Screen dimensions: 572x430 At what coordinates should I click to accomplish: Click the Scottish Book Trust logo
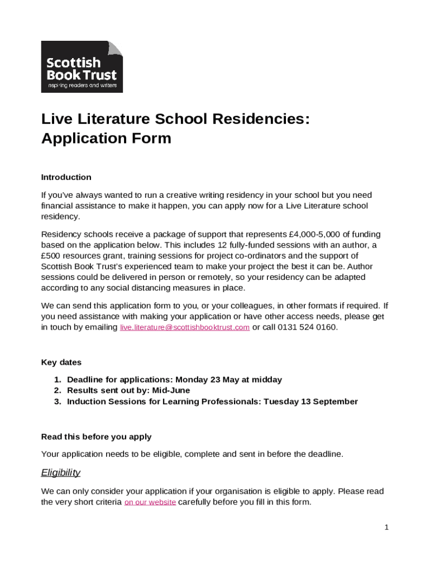82,66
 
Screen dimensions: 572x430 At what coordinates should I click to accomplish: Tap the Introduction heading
66,177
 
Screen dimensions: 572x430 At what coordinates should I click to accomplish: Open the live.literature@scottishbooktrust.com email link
185,327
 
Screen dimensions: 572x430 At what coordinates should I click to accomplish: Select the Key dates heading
61,363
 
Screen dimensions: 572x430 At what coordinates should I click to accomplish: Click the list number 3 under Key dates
57,402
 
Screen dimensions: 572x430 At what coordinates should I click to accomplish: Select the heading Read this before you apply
96,437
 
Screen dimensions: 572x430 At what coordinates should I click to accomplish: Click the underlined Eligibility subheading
61,473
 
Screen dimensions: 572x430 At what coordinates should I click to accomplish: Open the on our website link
150,502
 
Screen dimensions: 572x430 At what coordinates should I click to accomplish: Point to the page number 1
386,527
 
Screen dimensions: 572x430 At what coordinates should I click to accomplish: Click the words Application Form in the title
106,139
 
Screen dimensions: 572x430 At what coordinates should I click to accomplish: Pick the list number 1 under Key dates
57,380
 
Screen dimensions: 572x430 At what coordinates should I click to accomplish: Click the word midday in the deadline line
267,380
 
